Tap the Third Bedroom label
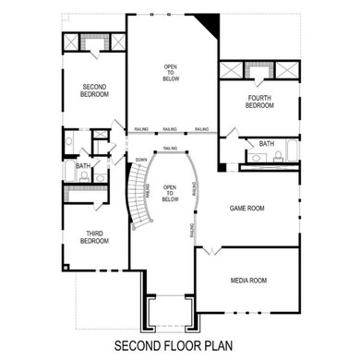(94, 237)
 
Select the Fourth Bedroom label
(259, 102)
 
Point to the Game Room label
(246, 209)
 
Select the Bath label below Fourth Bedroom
(267, 143)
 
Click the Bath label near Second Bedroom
(82, 166)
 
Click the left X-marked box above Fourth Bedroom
(232, 74)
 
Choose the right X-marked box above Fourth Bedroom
(285, 74)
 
